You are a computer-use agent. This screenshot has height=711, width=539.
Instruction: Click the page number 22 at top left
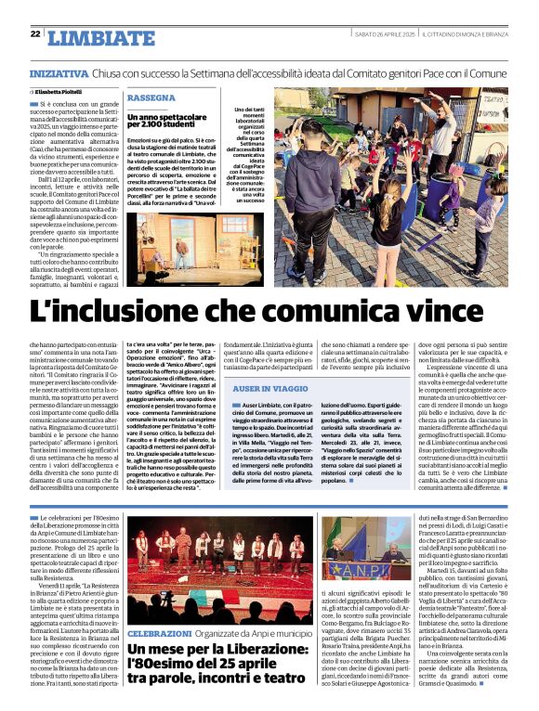35,34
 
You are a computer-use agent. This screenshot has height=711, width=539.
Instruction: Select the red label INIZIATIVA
59,71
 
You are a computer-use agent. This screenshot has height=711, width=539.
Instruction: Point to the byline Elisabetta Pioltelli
59,93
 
